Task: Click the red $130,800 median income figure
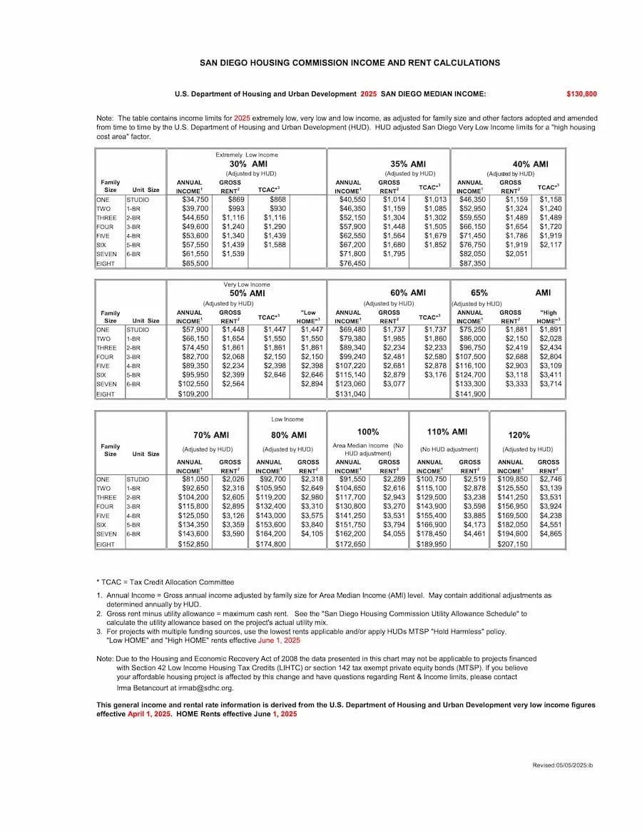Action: (x=581, y=94)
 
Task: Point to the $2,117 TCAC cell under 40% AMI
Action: (x=551, y=245)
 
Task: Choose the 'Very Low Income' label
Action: (x=246, y=285)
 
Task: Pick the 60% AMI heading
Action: (x=408, y=293)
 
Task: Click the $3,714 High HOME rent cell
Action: (x=550, y=383)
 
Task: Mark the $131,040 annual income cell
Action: (x=349, y=393)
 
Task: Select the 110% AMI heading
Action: (x=447, y=432)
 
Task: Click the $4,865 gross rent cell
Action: (x=549, y=534)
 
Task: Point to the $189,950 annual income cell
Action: (x=432, y=544)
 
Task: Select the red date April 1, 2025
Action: (x=150, y=713)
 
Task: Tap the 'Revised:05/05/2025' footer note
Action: (x=562, y=765)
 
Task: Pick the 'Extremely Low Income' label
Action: (x=247, y=155)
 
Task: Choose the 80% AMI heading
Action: (x=289, y=435)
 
